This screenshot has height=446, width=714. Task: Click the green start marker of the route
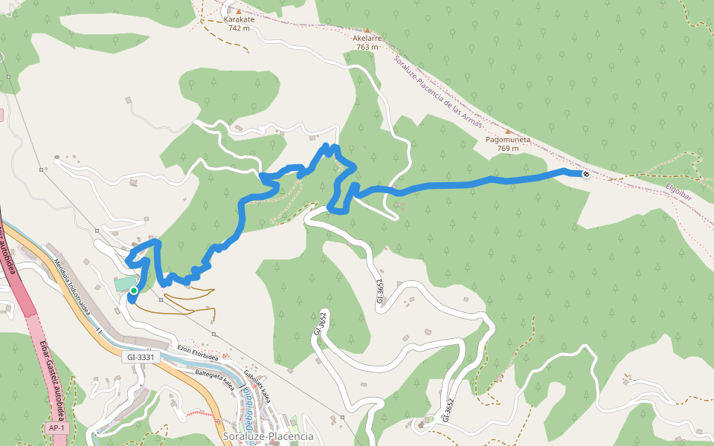click(x=133, y=291)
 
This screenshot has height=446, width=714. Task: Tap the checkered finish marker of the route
click(x=586, y=174)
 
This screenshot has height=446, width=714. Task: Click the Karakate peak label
click(x=239, y=20)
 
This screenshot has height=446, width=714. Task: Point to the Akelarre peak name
click(x=367, y=37)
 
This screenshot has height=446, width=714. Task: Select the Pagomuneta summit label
click(x=508, y=139)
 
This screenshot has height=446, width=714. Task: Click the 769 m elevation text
click(x=508, y=149)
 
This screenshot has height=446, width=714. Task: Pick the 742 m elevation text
click(x=239, y=29)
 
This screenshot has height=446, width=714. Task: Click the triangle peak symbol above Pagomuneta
click(x=508, y=130)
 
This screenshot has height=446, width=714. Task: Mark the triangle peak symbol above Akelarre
click(x=366, y=29)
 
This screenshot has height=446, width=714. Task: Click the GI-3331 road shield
click(x=141, y=358)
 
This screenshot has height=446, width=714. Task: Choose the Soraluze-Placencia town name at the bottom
click(x=268, y=436)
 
